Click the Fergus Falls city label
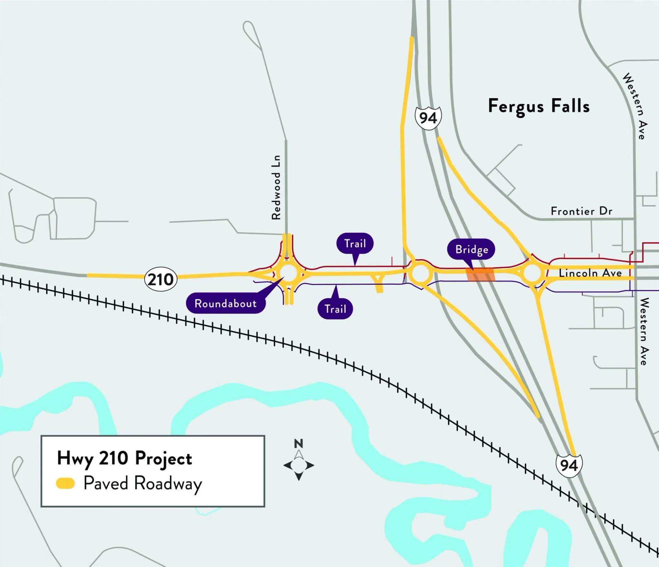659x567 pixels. [539, 106]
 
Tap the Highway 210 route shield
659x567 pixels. [161, 279]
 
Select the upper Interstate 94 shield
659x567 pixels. [428, 118]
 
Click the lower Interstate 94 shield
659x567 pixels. [569, 465]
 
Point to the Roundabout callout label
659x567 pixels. [226, 303]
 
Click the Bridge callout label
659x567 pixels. [471, 249]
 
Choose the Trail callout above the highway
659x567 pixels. [355, 244]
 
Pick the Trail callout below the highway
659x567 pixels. [335, 309]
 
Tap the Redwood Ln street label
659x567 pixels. [276, 187]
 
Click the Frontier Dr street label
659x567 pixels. [581, 211]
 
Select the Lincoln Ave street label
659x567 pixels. [590, 273]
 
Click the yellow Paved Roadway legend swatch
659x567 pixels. [65, 484]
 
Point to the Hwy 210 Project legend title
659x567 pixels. [125, 459]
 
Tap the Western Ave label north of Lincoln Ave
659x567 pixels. [634, 106]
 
